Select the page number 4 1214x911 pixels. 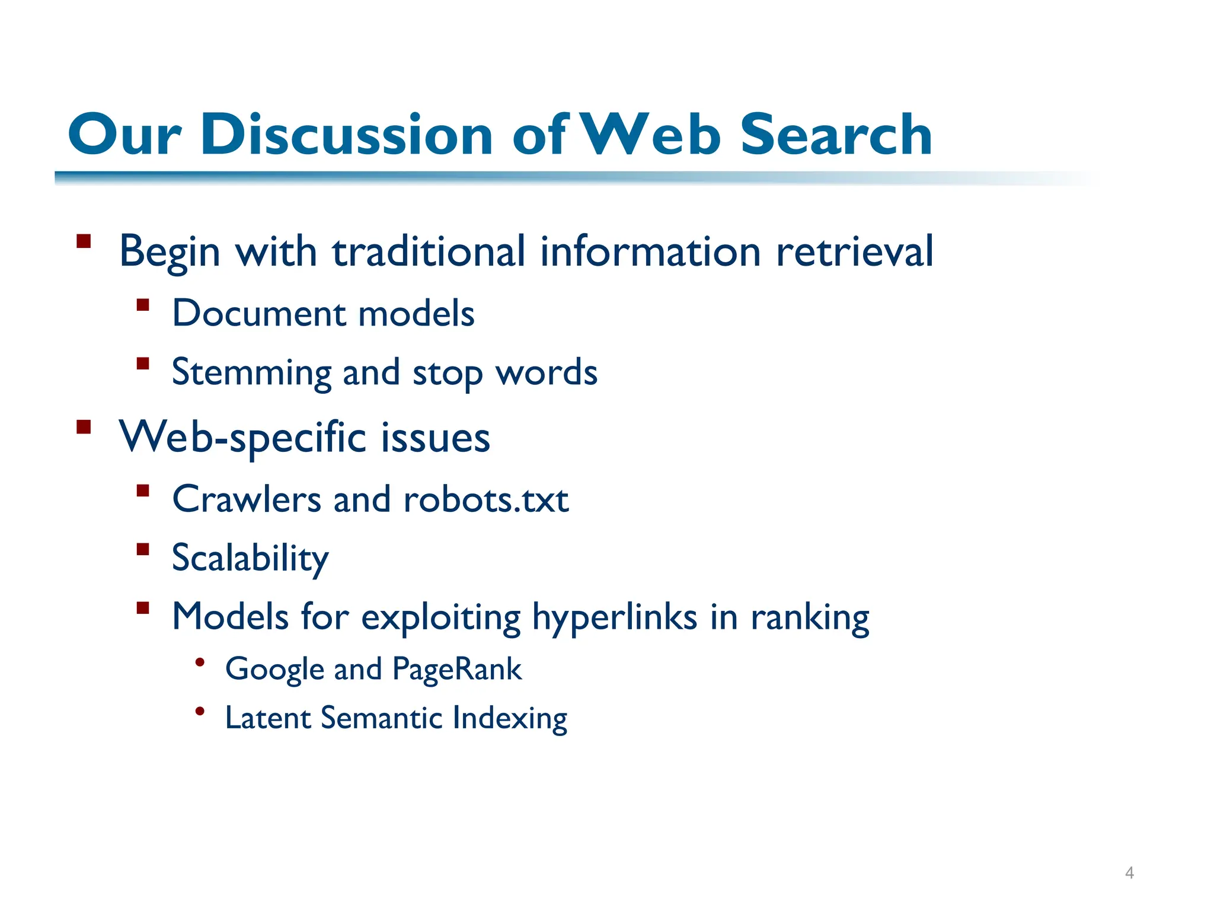pos(1129,872)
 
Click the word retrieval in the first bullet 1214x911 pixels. pos(855,251)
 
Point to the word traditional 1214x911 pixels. pos(428,251)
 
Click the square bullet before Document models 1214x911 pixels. pos(142,305)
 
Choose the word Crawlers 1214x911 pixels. pos(247,499)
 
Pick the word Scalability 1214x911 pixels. pos(250,559)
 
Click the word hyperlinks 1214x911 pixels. pos(615,617)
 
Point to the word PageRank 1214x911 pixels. pos(457,670)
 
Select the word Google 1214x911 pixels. pos(274,670)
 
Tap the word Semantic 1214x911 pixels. pos(382,718)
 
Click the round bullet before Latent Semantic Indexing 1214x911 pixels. pos(200,711)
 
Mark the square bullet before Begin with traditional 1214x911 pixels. pos(84,241)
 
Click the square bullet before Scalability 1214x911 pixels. pos(142,549)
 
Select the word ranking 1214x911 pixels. pos(810,617)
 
